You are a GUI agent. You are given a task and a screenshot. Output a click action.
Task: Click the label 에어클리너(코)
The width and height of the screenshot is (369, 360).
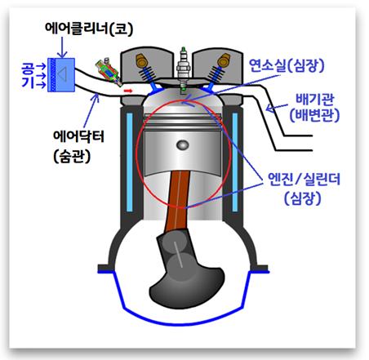click(x=89, y=28)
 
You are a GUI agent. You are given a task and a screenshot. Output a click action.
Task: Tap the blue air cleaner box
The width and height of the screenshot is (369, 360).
click(x=61, y=75)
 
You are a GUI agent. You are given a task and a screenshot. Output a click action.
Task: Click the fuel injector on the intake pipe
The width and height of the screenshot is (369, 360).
click(x=109, y=72)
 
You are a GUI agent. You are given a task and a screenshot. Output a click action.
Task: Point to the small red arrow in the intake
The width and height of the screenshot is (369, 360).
click(x=128, y=91)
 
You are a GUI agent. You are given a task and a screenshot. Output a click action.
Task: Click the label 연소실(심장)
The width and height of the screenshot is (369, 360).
click(x=287, y=65)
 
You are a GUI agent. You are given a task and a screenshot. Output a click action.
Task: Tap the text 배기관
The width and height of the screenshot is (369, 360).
click(x=314, y=100)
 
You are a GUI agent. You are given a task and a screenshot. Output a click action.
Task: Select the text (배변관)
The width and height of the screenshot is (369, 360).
click(x=314, y=115)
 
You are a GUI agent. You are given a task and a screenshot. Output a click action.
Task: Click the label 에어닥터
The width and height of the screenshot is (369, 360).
click(x=79, y=136)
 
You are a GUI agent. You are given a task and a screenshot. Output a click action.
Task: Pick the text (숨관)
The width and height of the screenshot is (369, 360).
click(x=72, y=157)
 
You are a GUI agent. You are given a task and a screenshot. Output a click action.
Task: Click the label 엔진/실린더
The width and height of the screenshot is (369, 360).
click(x=304, y=179)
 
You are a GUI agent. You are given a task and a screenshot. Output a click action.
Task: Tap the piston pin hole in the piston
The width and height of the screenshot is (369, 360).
click(x=183, y=144)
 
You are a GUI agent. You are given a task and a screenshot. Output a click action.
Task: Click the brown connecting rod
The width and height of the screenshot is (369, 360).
click(x=178, y=200)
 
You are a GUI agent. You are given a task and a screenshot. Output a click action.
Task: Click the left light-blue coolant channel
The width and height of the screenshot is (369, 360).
click(x=130, y=162)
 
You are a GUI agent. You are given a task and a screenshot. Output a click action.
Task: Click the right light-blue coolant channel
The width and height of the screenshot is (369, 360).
click(x=235, y=162)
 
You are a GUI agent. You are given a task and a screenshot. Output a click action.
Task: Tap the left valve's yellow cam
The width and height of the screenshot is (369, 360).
click(x=141, y=60)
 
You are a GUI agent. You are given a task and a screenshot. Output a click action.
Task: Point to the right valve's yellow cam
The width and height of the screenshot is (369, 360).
click(x=224, y=60)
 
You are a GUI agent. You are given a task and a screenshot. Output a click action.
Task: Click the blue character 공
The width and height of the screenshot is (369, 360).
click(x=29, y=69)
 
